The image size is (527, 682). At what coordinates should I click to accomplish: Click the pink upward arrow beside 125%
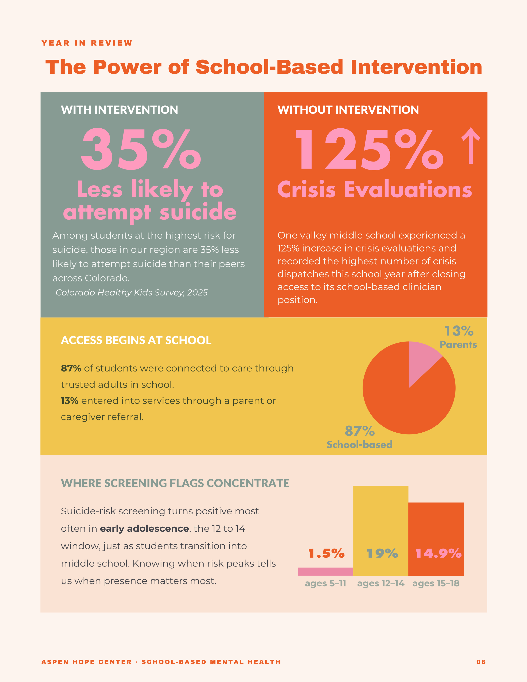(x=471, y=145)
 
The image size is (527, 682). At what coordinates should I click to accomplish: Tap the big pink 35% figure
(x=141, y=149)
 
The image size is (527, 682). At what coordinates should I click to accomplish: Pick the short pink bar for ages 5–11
(x=326, y=572)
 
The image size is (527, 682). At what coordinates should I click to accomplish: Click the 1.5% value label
(x=326, y=553)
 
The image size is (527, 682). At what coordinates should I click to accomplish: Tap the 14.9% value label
(x=438, y=553)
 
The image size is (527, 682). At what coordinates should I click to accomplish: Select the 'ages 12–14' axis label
(x=380, y=583)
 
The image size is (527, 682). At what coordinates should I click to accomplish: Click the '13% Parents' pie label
(x=458, y=337)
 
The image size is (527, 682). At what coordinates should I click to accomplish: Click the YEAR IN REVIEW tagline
(x=87, y=43)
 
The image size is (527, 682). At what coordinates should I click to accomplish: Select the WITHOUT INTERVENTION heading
(x=348, y=110)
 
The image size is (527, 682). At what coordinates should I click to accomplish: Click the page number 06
(x=481, y=662)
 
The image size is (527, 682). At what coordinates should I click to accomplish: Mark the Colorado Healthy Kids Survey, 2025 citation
(x=132, y=293)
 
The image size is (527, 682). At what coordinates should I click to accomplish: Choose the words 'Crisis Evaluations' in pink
(x=375, y=190)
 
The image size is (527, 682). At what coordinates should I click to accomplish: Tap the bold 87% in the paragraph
(x=71, y=369)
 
